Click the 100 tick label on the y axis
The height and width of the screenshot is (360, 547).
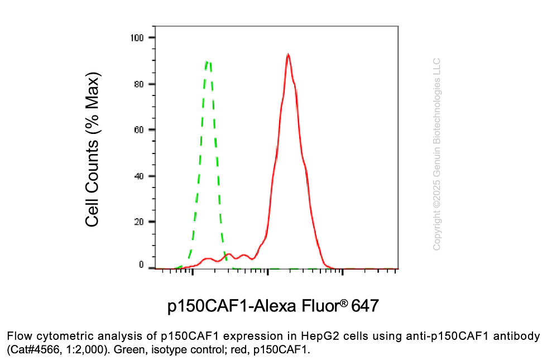pos(137,37)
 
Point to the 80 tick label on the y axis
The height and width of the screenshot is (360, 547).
pos(140,84)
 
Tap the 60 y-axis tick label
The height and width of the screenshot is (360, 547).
pos(140,130)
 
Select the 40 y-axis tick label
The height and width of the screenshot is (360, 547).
pos(140,176)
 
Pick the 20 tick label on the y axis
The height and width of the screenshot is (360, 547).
pos(140,222)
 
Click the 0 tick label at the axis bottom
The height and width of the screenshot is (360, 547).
pos(142,265)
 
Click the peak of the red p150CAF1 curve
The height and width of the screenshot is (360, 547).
pos(287,55)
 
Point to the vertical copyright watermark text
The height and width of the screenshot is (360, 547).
pos(437,154)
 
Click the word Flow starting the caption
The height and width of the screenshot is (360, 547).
pos(18,337)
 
